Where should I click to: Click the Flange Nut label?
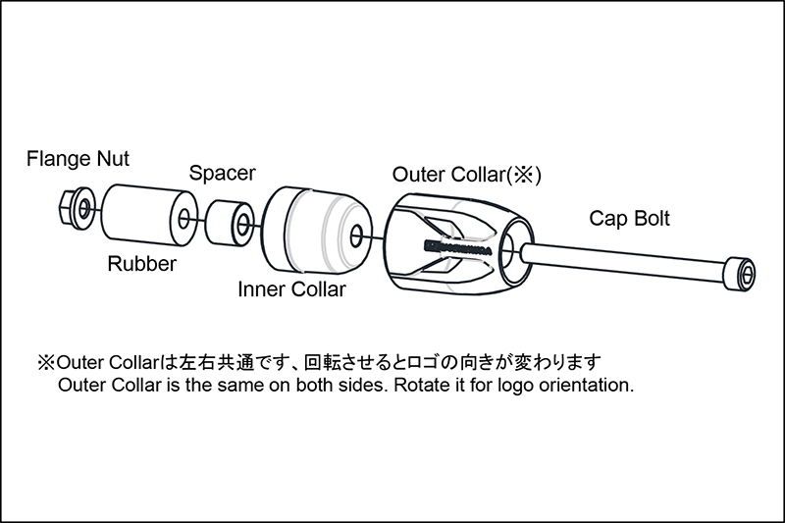(x=78, y=157)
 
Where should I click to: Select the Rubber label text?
(x=141, y=264)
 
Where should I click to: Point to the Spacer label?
(x=222, y=174)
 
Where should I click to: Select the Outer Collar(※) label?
(x=467, y=175)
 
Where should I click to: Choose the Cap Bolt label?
(x=629, y=218)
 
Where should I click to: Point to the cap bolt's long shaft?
(x=628, y=264)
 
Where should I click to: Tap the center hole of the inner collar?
(x=356, y=235)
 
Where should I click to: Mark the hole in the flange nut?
(x=83, y=207)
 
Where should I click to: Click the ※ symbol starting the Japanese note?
(x=46, y=362)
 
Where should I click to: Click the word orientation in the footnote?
(x=586, y=385)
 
